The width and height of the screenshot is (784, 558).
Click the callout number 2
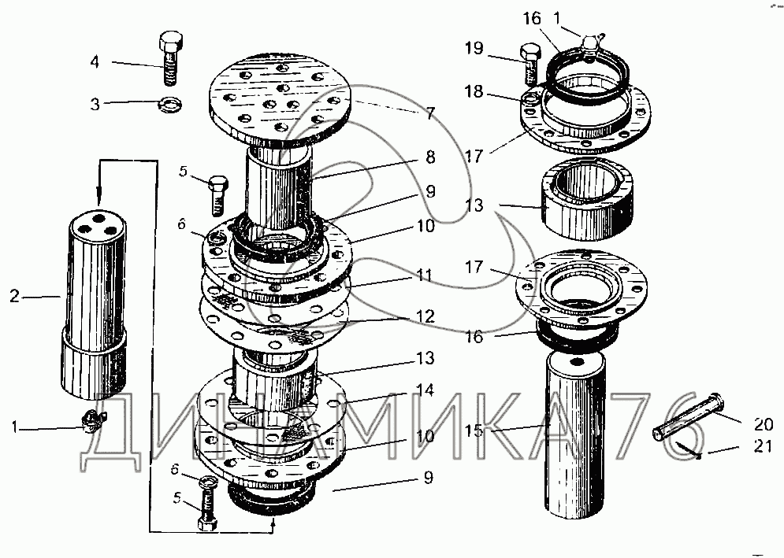click(14, 297)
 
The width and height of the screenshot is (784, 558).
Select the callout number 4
click(95, 61)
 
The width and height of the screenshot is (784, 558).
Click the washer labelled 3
click(169, 103)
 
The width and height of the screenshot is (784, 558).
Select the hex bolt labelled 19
click(531, 67)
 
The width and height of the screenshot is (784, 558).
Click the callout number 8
click(429, 157)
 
